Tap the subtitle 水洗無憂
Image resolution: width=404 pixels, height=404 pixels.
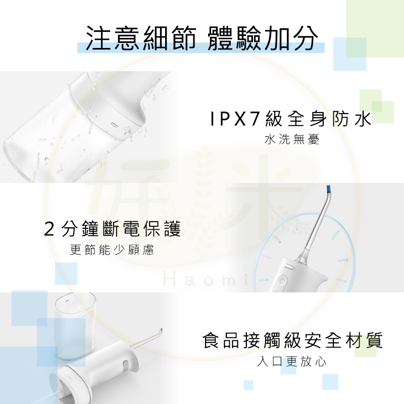coord(292,140)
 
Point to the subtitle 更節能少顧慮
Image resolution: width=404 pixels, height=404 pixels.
coord(112,249)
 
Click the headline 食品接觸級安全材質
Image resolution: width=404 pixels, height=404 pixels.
coord(292,341)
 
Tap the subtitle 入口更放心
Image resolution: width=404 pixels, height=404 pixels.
coord(292,362)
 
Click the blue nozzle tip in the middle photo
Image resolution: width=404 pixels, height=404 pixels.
coord(329,191)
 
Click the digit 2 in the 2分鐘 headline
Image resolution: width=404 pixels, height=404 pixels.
coord(49,230)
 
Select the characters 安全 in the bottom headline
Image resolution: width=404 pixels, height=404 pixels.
coord(320,341)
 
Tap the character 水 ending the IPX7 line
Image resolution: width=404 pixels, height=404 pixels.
coord(362,120)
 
